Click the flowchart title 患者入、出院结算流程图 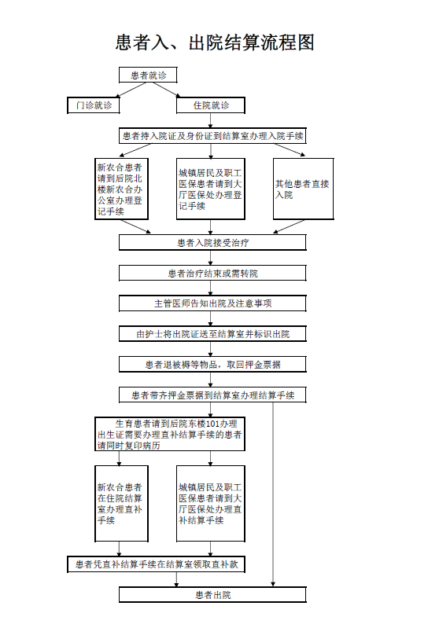[215, 42]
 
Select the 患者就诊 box [148, 75]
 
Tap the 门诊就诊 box [94, 105]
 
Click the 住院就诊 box [211, 105]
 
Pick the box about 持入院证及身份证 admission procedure [212, 136]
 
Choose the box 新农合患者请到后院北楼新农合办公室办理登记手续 [121, 189]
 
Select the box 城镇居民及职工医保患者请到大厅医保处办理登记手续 [211, 189]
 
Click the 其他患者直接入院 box [304, 189]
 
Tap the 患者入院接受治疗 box [212, 243]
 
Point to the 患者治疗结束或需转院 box [212, 274]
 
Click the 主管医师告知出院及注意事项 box [212, 303]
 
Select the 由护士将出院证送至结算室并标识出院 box [212, 334]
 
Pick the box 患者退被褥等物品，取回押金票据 [212, 365]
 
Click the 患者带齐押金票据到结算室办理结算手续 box [212, 395]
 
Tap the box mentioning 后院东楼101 [170, 434]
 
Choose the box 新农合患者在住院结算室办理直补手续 [121, 504]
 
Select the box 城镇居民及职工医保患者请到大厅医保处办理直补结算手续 [211, 504]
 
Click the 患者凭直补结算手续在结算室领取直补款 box [157, 564]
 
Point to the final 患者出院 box [212, 595]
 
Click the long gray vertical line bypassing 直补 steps [273, 494]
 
